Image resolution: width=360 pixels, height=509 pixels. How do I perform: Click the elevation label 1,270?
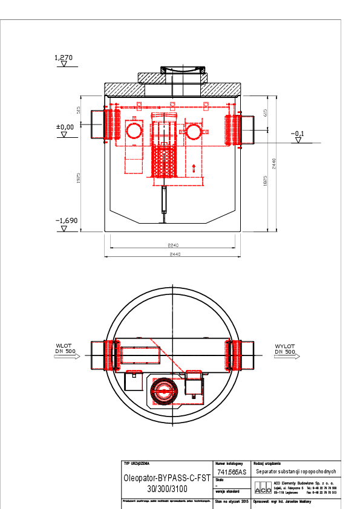(64, 58)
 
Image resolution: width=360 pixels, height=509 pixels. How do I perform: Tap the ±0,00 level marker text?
(65, 127)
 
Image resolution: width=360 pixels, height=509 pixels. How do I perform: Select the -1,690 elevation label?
(67, 221)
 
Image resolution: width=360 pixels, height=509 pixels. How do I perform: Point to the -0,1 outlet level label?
(297, 133)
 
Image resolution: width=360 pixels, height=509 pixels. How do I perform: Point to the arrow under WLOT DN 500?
(67, 357)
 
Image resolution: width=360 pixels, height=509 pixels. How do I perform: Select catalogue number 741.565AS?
(232, 472)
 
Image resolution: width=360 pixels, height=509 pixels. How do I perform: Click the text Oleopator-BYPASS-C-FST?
(166, 477)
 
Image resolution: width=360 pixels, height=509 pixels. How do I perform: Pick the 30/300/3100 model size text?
(166, 487)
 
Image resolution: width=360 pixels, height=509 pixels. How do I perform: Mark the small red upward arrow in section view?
(193, 168)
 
